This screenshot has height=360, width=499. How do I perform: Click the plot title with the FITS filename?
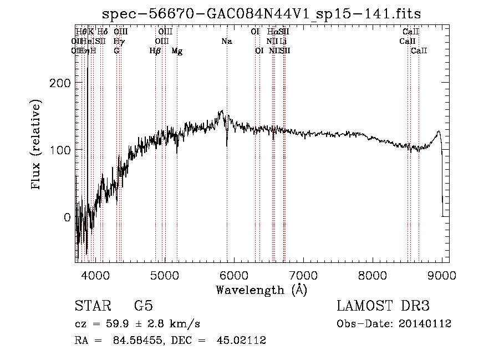click(x=262, y=14)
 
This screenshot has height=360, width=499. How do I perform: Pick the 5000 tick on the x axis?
click(x=165, y=274)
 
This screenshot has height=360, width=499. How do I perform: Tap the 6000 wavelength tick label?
click(x=234, y=274)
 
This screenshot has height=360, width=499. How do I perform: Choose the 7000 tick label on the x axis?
click(x=303, y=274)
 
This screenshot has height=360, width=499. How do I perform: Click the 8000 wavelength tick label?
click(x=373, y=274)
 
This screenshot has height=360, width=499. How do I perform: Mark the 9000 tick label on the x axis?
click(x=441, y=274)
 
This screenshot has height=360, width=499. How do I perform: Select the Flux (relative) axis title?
click(x=37, y=145)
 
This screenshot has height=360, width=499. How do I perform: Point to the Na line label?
click(x=227, y=42)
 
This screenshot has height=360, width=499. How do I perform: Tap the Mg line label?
click(x=177, y=51)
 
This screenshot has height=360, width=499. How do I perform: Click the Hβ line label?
click(x=155, y=51)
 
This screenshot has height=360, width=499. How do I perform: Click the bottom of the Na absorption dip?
click(x=227, y=146)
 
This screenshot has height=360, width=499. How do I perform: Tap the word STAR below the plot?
click(x=91, y=306)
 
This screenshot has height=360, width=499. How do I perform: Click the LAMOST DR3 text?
click(x=383, y=306)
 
